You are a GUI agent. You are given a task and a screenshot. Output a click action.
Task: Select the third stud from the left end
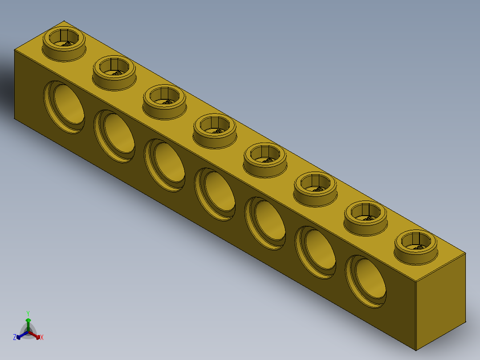[x=164, y=99]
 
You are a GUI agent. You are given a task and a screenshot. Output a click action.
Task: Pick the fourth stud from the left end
[x=215, y=128]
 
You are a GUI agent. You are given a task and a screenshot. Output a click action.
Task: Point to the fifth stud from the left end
[x=265, y=157]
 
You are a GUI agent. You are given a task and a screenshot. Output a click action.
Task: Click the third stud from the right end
[x=315, y=186]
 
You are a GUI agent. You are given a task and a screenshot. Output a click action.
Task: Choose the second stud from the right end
[x=366, y=215]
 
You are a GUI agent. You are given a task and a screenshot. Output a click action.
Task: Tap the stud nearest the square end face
[x=416, y=244]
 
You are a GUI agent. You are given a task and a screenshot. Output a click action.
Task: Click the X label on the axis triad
[x=42, y=338]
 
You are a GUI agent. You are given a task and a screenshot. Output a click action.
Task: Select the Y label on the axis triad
[x=28, y=313]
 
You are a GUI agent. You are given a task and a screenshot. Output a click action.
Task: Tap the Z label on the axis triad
[x=15, y=338]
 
